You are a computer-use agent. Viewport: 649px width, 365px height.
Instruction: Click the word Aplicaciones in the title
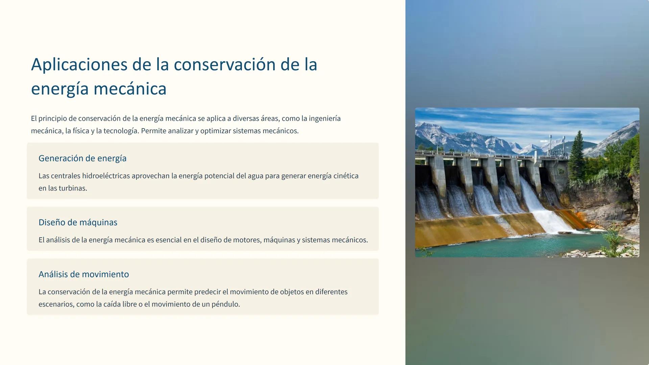pos(79,65)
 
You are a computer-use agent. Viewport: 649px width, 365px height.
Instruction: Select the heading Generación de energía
pos(82,158)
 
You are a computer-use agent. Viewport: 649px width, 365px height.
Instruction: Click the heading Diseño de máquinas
pos(78,222)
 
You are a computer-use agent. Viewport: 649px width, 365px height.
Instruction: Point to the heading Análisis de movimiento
pos(83,274)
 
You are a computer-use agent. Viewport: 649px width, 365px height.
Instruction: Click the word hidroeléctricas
pos(106,176)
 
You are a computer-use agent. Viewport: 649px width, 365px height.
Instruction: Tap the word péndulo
pos(225,304)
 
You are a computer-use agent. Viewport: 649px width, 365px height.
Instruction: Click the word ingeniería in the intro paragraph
pos(324,119)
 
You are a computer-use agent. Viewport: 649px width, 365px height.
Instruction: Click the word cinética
pos(346,176)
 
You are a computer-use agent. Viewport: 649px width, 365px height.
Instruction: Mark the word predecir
pos(207,292)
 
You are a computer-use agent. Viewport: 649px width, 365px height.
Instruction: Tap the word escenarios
pos(56,304)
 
